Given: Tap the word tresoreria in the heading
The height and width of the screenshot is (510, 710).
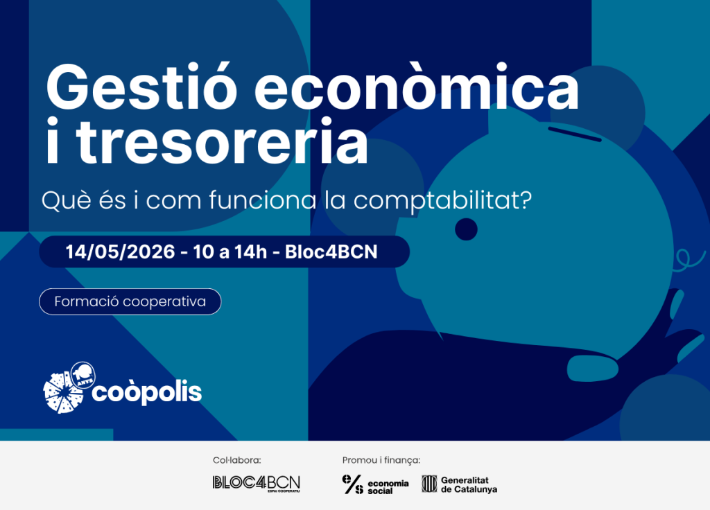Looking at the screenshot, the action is click(222, 140).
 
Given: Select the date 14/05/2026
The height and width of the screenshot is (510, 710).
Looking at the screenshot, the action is click(120, 252).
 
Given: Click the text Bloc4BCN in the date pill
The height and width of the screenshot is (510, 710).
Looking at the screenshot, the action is click(331, 252).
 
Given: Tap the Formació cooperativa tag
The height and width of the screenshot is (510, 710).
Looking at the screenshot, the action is click(130, 301).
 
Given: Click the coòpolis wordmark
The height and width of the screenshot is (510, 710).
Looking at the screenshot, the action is click(147, 392).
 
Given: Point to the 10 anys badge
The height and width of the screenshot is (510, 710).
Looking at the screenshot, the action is click(83, 375).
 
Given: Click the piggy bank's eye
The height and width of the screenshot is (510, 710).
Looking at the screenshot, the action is click(466, 229).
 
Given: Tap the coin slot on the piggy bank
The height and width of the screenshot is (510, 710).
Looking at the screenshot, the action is click(575, 134).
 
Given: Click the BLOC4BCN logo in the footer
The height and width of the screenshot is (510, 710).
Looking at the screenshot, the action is click(257, 484).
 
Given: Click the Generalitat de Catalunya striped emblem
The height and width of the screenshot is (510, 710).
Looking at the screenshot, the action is click(429, 484).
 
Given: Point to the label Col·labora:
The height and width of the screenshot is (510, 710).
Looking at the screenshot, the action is click(237, 460).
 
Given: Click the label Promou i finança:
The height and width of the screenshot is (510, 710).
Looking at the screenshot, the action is click(381, 460).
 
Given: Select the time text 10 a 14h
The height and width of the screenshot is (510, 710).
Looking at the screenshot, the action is click(230, 252).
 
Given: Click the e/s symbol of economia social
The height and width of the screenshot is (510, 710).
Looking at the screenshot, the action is click(353, 484).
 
